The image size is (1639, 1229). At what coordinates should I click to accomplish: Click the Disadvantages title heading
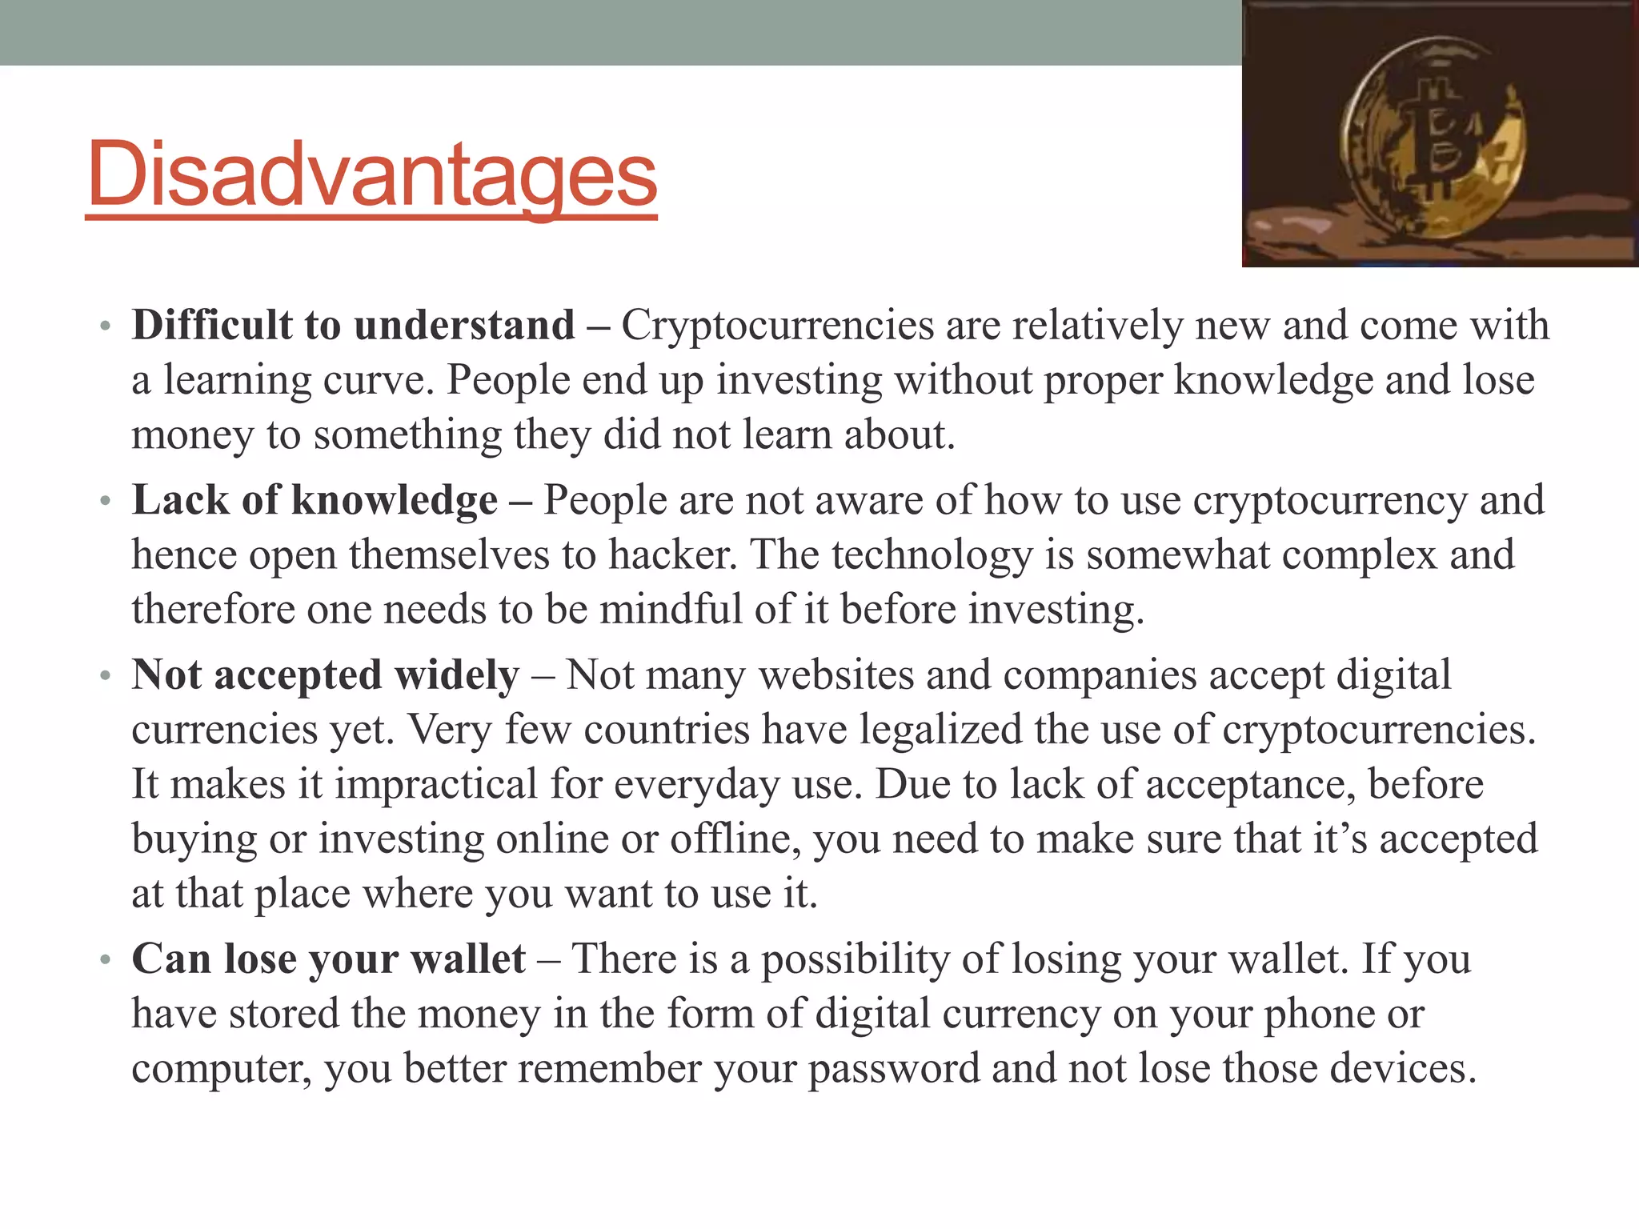coord(371,174)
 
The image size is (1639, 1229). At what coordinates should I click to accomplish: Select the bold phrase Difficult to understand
coord(353,326)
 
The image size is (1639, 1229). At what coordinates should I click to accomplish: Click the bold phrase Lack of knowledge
coord(315,501)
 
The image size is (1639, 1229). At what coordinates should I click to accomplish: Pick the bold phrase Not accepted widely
coord(326,675)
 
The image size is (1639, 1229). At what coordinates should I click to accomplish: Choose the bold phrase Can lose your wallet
coord(328,959)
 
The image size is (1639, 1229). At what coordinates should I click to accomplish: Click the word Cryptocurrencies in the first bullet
coord(778,326)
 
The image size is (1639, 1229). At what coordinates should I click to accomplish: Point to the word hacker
coord(672,555)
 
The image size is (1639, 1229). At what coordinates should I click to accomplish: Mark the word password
coord(894,1069)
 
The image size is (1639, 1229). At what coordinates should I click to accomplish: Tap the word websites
coord(836,675)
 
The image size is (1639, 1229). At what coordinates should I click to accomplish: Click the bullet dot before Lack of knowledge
coord(104,502)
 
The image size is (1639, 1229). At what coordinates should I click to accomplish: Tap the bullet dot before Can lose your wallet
coord(104,961)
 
